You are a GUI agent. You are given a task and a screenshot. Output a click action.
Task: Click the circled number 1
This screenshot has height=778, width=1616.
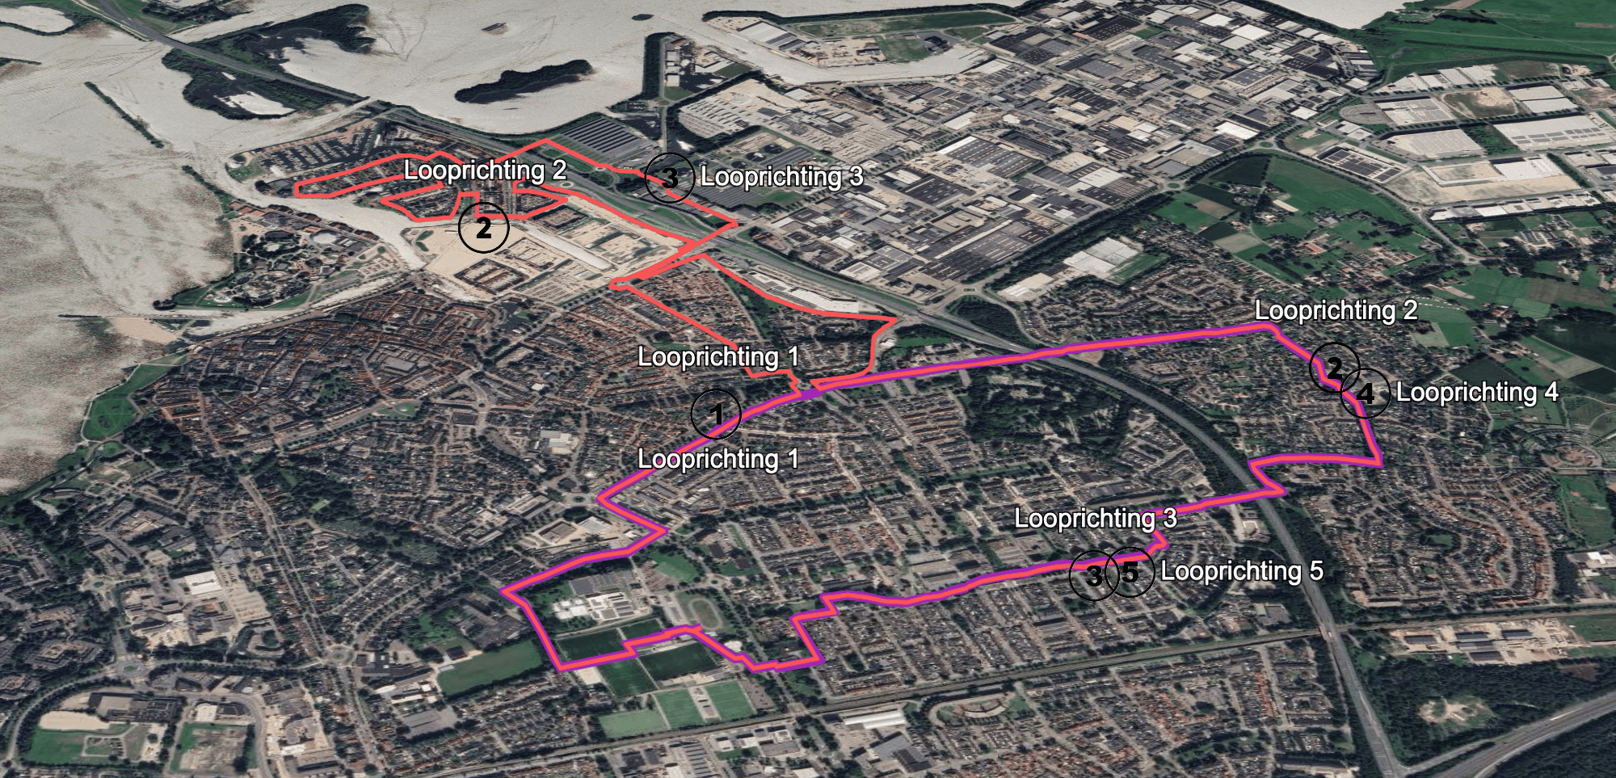(716, 414)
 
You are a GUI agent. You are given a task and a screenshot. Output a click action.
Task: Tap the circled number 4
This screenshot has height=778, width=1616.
(1366, 393)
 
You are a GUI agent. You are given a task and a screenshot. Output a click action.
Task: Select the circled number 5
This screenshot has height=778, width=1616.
(1130, 572)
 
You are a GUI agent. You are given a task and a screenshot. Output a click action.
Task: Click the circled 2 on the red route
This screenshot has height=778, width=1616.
(483, 228)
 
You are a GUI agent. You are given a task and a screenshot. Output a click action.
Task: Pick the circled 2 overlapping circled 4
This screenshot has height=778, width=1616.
(1333, 368)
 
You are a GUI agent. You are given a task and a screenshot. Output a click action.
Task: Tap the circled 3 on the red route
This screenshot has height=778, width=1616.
(669, 177)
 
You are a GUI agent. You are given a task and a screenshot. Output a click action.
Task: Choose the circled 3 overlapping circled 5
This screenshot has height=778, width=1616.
(1092, 575)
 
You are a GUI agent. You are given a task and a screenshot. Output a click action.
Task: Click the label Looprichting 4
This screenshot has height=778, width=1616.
(1477, 393)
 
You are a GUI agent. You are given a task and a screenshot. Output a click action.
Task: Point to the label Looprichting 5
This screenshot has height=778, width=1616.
(1241, 571)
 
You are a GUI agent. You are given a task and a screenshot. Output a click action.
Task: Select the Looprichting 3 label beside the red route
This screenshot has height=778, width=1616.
(781, 177)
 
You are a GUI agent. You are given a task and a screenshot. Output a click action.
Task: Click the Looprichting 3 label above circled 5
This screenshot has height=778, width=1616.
(1095, 518)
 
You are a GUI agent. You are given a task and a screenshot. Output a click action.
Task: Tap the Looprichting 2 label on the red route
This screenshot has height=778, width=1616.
(485, 170)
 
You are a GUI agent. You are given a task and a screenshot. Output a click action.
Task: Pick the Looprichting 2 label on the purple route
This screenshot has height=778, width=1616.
(1336, 311)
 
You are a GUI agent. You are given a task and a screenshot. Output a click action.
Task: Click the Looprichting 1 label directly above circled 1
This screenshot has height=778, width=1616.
(718, 357)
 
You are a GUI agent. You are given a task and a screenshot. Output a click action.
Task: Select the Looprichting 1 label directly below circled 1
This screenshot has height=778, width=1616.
(718, 459)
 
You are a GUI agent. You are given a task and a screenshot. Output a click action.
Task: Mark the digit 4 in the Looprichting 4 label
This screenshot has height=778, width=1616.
(1551, 393)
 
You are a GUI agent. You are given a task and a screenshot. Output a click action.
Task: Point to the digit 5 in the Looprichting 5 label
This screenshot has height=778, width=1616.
(1316, 571)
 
